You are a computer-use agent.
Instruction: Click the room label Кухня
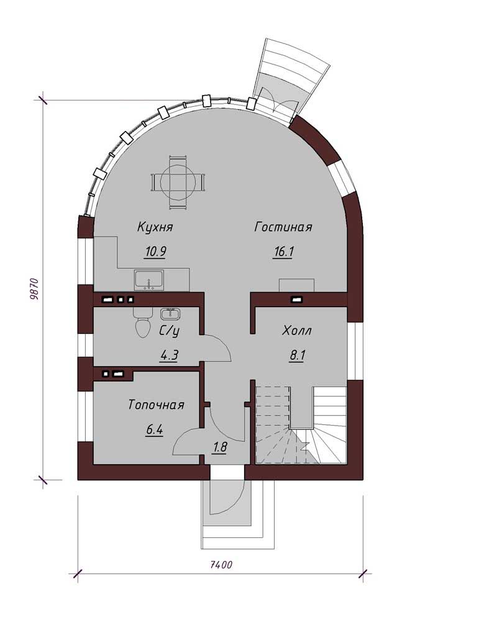(155, 227)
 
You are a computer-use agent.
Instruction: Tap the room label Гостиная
(283, 227)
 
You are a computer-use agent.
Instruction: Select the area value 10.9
(155, 252)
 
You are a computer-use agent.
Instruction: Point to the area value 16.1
(283, 252)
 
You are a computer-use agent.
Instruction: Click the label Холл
(297, 331)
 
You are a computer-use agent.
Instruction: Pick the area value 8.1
(298, 356)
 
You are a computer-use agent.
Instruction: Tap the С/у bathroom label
(169, 331)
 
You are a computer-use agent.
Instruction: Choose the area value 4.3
(170, 356)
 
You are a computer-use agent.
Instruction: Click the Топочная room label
(156, 405)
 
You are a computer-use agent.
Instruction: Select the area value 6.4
(154, 430)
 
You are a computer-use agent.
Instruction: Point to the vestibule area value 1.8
(219, 447)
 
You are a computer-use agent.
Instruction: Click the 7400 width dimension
(221, 565)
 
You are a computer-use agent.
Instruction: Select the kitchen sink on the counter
(148, 280)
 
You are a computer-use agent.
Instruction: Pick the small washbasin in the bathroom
(170, 313)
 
